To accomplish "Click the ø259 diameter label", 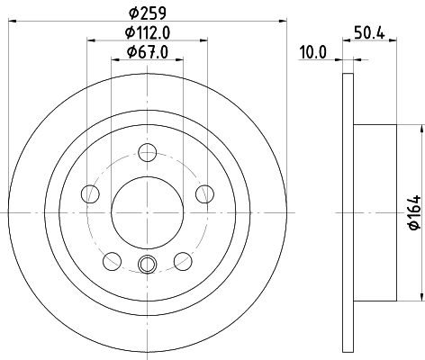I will [148, 11].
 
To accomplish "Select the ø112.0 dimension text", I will [148, 32].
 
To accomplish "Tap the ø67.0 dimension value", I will [148, 51].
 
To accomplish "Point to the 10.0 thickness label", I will [312, 52].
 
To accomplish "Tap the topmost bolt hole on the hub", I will [148, 152].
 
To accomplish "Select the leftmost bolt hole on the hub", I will [89, 193].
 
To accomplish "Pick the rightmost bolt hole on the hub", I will [205, 193].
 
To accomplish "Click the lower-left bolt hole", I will [112, 261].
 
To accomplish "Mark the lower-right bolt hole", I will [183, 261].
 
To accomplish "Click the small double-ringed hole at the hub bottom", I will [148, 264].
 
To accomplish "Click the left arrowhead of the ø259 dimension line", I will [12, 20].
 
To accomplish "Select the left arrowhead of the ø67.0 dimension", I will [114, 59].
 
